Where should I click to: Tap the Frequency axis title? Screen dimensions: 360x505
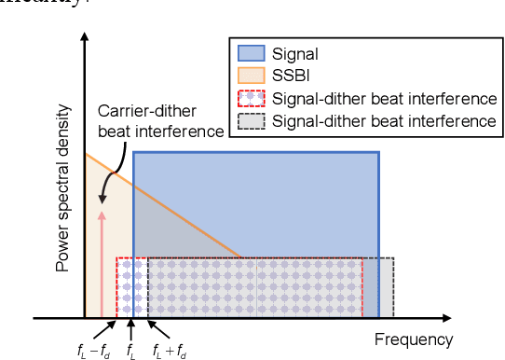pos(414,339)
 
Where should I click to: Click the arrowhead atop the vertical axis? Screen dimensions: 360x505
pos(85,39)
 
